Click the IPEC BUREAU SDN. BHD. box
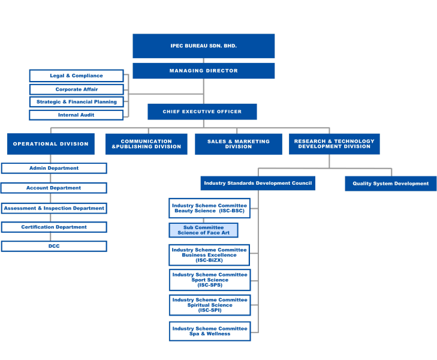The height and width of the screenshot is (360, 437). (x=203, y=46)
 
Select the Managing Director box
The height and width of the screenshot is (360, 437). (x=203, y=71)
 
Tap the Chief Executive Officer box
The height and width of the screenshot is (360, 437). (x=202, y=112)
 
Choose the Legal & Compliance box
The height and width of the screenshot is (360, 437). (x=76, y=76)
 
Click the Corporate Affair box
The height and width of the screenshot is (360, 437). (x=76, y=89)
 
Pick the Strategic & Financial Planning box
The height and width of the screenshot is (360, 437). (x=76, y=102)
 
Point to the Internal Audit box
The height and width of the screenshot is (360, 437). (x=76, y=115)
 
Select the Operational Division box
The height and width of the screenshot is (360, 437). (x=50, y=144)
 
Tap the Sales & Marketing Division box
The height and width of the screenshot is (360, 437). (x=238, y=144)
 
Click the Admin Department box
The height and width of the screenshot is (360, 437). (x=54, y=168)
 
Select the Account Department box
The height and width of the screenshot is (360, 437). (x=54, y=188)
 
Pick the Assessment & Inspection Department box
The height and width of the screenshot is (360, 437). (x=54, y=208)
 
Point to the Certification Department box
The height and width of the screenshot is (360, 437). (x=54, y=227)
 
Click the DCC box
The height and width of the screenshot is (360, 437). (x=54, y=246)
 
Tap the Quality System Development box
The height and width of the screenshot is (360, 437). (x=390, y=184)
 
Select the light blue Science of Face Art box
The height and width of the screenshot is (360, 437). (x=203, y=230)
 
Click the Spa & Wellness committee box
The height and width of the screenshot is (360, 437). (x=210, y=331)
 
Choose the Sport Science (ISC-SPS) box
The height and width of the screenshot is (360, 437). (x=210, y=280)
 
